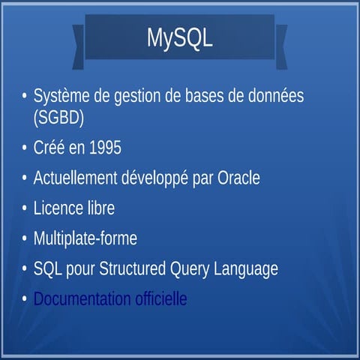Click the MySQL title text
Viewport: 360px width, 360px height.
click(x=180, y=37)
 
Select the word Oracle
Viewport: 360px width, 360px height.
click(x=238, y=178)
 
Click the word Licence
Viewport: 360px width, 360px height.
click(x=58, y=208)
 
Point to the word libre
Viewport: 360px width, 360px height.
click(x=100, y=208)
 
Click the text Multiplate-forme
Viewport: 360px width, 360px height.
click(x=85, y=238)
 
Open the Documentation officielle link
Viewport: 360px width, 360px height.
click(x=109, y=298)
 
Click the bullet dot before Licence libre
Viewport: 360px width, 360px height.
click(x=25, y=208)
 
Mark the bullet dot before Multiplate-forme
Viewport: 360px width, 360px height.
click(x=25, y=238)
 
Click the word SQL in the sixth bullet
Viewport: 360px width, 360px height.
click(x=46, y=268)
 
